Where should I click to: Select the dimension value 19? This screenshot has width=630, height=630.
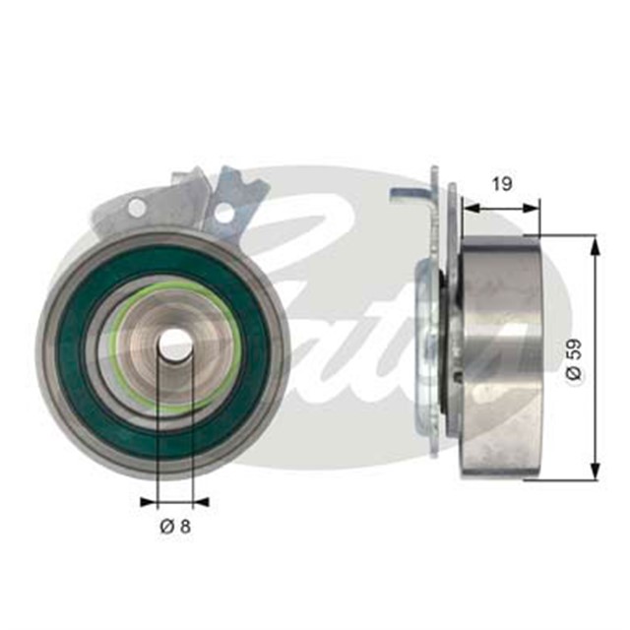[501, 184]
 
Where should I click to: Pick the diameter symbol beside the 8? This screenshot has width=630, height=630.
[165, 527]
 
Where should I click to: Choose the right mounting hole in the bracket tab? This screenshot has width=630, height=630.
[224, 212]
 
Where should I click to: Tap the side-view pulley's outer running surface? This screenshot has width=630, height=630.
[502, 354]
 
